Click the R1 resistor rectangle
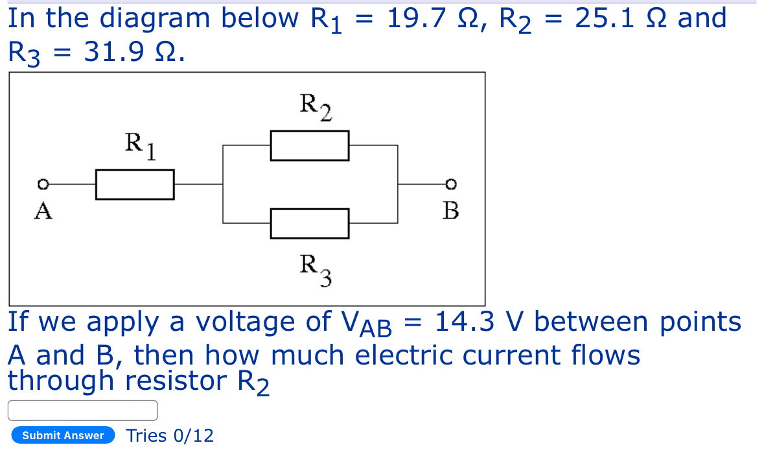[x=135, y=184]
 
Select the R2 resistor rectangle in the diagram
[x=310, y=145]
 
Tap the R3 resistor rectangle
[x=310, y=223]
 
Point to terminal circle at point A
[x=43, y=184]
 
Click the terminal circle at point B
[x=452, y=184]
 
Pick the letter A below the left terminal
[x=43, y=211]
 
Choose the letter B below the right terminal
[x=451, y=211]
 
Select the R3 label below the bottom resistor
[x=316, y=269]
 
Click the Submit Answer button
[x=63, y=435]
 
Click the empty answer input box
[x=82, y=410]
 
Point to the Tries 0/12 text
[x=170, y=435]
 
